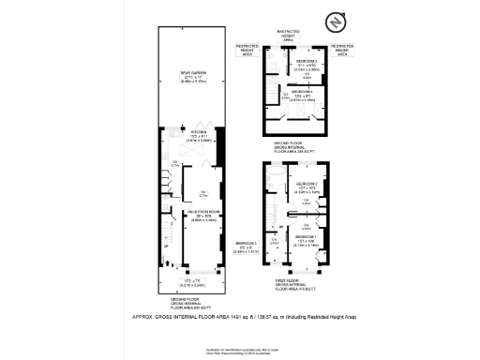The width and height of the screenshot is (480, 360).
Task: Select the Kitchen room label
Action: [198, 135]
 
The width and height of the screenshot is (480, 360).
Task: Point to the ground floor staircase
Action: [169, 235]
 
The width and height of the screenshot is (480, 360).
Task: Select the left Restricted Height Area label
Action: [247, 48]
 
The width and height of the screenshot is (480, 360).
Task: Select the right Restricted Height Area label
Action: [343, 48]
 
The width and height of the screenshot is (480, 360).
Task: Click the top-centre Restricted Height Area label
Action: [288, 35]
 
